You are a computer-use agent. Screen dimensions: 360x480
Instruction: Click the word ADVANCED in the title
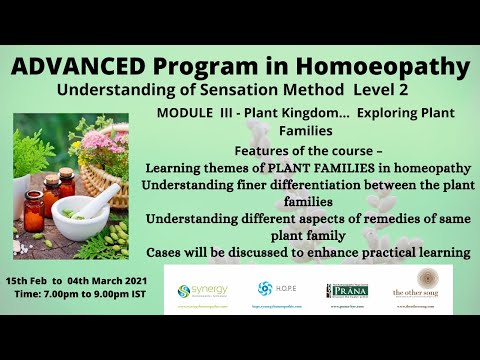tap(77, 67)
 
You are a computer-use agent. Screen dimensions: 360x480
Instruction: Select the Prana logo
tap(346, 290)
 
